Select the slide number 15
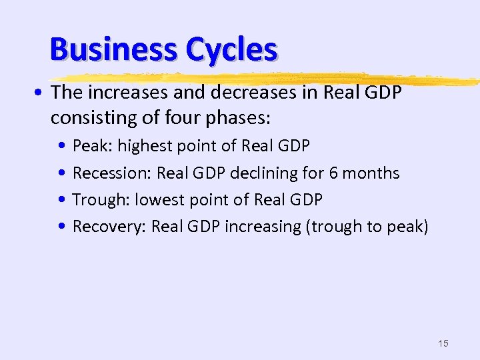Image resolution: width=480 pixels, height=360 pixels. (x=443, y=343)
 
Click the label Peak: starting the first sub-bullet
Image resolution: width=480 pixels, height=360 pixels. (x=93, y=146)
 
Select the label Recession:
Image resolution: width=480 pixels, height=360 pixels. (x=112, y=173)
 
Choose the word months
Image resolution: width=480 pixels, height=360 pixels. (x=372, y=173)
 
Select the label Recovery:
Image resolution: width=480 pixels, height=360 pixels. (x=109, y=227)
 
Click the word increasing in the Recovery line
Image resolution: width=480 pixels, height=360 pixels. (x=263, y=227)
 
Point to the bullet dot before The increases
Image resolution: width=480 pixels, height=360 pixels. (x=41, y=93)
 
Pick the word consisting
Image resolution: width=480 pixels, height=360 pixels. (x=91, y=119)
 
